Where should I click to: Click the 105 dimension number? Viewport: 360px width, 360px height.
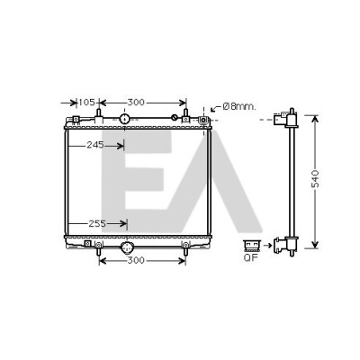pyautogui.click(x=87, y=103)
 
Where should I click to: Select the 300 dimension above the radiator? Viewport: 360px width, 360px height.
pyautogui.click(x=136, y=103)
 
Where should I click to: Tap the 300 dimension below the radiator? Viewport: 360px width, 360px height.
pyautogui.click(x=136, y=260)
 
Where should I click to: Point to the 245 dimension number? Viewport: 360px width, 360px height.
pyautogui.click(x=95, y=145)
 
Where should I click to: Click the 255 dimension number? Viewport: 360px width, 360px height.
pyautogui.click(x=97, y=223)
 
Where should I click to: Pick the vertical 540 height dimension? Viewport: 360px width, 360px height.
pyautogui.click(x=315, y=179)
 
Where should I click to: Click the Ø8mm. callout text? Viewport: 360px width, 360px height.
pyautogui.click(x=239, y=106)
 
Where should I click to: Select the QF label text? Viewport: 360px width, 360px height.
pyautogui.click(x=251, y=257)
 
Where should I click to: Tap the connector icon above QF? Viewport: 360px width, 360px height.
pyautogui.click(x=251, y=246)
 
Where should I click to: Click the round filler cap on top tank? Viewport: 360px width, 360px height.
pyautogui.click(x=124, y=119)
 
